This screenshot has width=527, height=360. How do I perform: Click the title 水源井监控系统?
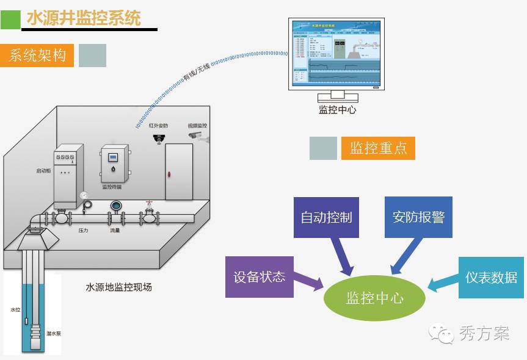pyautogui.click(x=84, y=18)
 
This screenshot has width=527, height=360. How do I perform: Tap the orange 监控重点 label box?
pyautogui.click(x=378, y=148)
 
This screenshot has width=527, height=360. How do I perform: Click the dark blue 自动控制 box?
pyautogui.click(x=327, y=217)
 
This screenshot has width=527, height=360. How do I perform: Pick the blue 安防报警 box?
pyautogui.click(x=418, y=217)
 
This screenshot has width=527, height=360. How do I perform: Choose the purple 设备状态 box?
pyautogui.click(x=259, y=276)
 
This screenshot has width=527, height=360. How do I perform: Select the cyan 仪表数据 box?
pyautogui.click(x=491, y=277)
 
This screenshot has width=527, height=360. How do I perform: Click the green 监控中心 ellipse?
pyautogui.click(x=374, y=298)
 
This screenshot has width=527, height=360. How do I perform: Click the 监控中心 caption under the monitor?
pyautogui.click(x=337, y=110)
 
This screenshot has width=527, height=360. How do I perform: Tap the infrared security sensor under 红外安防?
pyautogui.click(x=159, y=139)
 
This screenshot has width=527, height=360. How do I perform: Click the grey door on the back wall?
pyautogui.click(x=179, y=172)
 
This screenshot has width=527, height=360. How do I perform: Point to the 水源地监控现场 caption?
pyautogui.click(x=118, y=286)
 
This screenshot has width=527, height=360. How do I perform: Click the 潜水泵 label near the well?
pyautogui.click(x=53, y=334)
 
